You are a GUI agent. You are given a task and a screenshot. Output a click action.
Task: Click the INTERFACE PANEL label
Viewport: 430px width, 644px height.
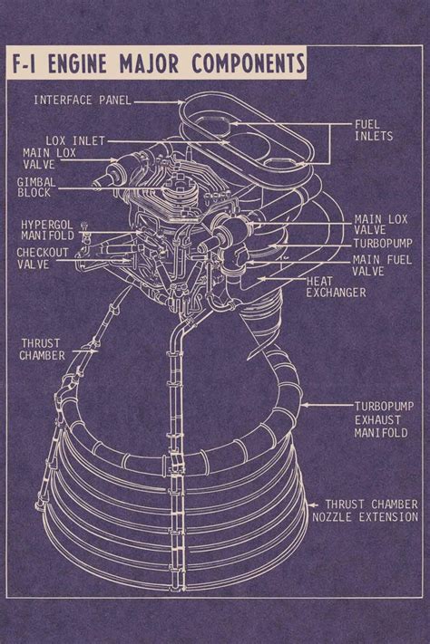[x=82, y=99]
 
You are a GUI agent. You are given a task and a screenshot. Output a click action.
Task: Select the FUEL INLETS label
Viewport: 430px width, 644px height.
[x=373, y=129]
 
